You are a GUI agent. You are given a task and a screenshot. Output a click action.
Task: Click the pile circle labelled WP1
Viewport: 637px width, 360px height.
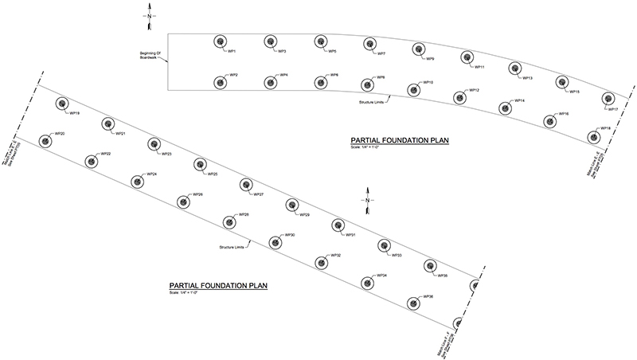tap(218, 42)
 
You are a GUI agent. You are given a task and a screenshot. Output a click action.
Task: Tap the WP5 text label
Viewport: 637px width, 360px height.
tap(331, 52)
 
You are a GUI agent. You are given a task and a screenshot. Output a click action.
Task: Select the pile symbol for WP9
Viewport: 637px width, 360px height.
tap(416, 49)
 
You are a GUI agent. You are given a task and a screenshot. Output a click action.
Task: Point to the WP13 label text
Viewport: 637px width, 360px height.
tap(527, 78)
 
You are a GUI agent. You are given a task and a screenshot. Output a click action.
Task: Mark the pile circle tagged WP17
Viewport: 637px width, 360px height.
tap(607, 98)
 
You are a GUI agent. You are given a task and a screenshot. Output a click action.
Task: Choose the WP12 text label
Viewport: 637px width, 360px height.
tap(474, 90)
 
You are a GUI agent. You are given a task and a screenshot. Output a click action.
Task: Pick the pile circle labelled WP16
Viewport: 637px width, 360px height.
tap(549, 121)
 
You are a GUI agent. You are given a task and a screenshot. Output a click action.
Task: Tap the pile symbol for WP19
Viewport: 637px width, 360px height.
tap(61, 104)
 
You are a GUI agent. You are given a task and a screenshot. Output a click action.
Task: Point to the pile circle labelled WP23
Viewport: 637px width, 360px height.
tap(153, 143)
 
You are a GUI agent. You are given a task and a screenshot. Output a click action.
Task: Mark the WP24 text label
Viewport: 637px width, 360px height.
tap(151, 174)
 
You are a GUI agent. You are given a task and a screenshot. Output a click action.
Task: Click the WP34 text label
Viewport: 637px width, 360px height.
tap(382, 276)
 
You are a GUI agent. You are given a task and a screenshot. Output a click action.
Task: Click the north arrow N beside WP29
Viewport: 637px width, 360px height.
tap(367, 200)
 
